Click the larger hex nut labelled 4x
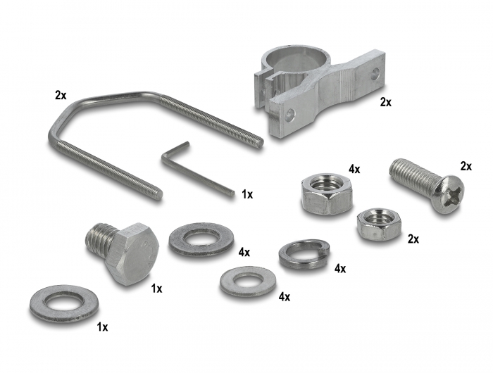[327, 194]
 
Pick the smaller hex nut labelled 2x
[379, 223]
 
